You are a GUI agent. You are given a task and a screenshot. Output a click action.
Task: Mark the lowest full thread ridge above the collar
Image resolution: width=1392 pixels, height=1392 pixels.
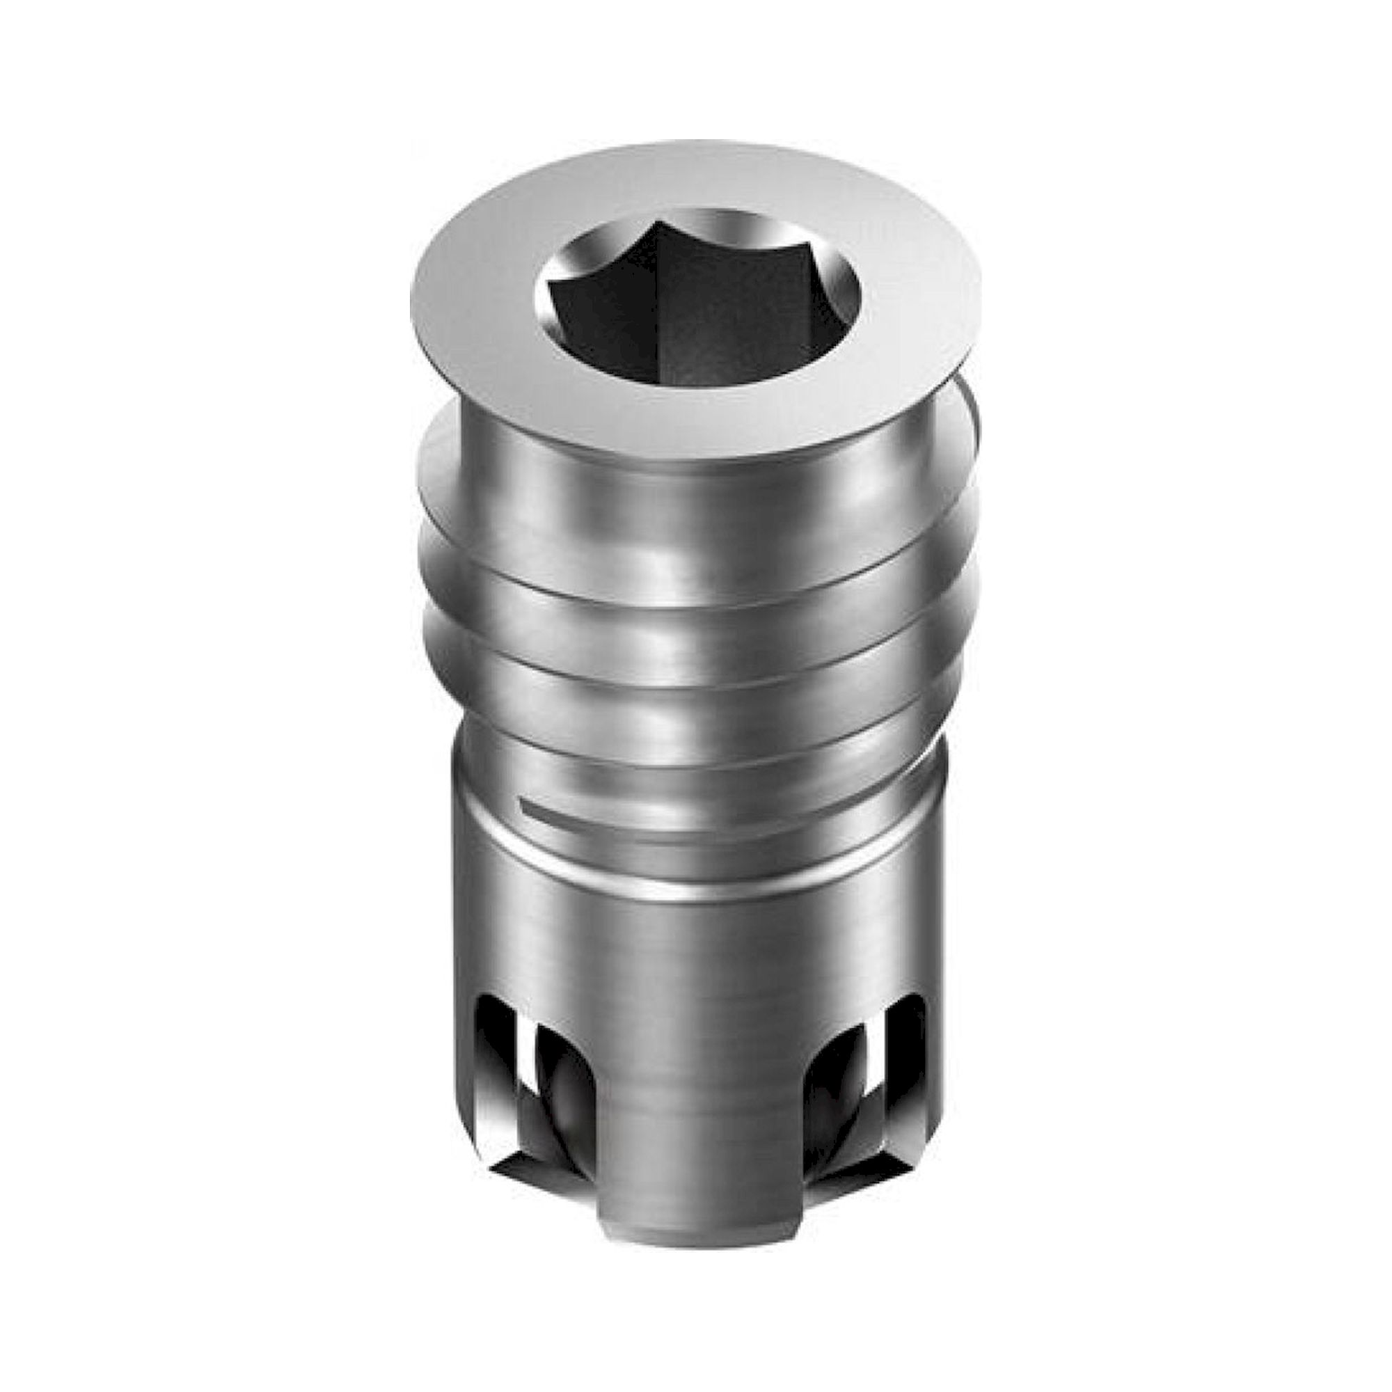pos(692,728)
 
